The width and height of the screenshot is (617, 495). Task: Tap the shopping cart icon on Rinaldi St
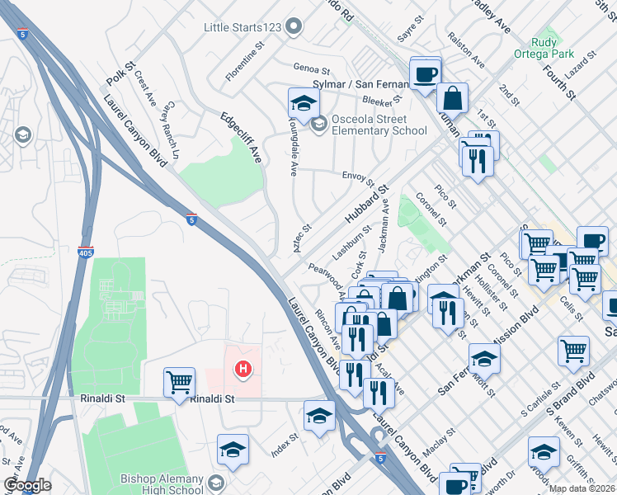pyautogui.click(x=179, y=384)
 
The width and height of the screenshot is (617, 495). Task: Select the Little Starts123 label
pyautogui.click(x=243, y=27)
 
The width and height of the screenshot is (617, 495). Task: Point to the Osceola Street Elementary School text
pyautogui.click(x=379, y=125)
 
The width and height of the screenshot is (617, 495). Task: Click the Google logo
pyautogui.click(x=27, y=485)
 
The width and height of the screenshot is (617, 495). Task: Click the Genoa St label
pyautogui.click(x=311, y=69)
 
